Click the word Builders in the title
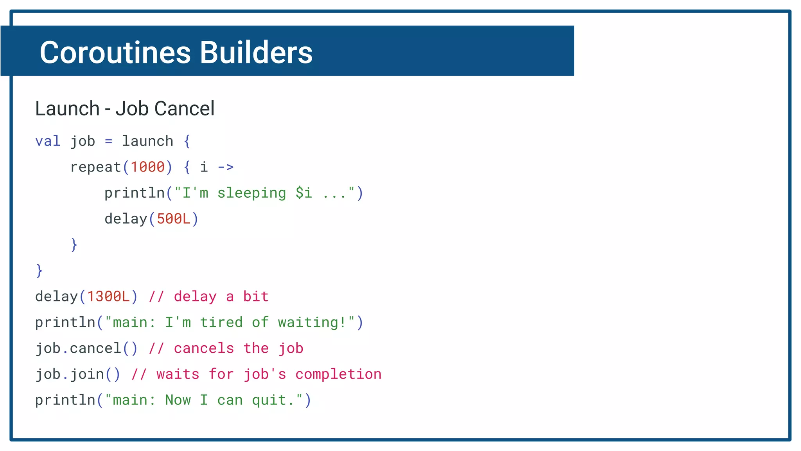point(256,52)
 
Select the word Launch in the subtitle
point(67,108)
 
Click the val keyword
point(48,141)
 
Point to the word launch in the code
point(147,141)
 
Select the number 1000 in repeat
point(147,167)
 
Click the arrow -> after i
point(225,167)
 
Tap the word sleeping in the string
point(251,193)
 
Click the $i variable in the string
point(304,193)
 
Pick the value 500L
point(173,219)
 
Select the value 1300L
point(108,296)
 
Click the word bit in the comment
point(256,296)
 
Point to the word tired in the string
point(221,322)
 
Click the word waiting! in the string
point(312,322)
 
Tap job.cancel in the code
point(78,348)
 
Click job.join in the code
point(70,374)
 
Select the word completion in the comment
point(338,374)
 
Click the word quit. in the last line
point(273,400)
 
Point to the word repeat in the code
point(95,167)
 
